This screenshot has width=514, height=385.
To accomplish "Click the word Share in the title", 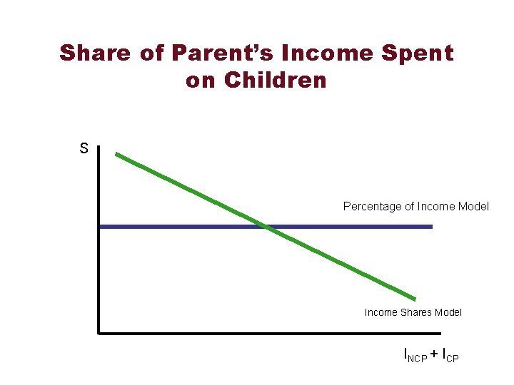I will tap(95, 53).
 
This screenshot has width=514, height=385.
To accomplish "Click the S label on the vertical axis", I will tap(84, 149).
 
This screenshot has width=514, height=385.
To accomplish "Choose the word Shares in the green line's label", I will tap(415, 312).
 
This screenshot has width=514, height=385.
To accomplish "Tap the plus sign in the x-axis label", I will tap(435, 353).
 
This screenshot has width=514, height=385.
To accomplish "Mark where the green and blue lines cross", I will tap(266, 227).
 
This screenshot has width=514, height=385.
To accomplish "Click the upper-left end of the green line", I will tap(117, 153).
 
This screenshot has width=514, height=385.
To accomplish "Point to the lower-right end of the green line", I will tap(415, 299).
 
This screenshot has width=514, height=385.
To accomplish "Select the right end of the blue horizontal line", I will tap(431, 227).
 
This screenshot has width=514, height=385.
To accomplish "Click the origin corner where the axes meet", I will tap(99, 332).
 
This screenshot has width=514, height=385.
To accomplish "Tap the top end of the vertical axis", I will tap(99, 148).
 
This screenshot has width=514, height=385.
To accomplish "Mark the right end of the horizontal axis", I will tap(440, 332).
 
